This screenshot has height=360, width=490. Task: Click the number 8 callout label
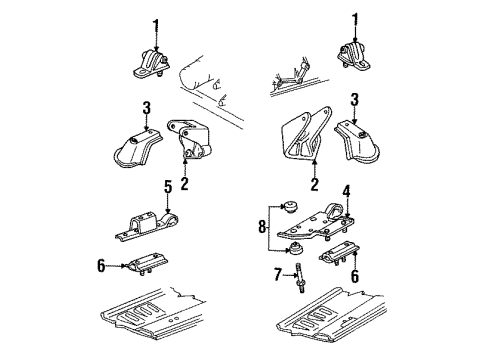(x=263, y=242)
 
